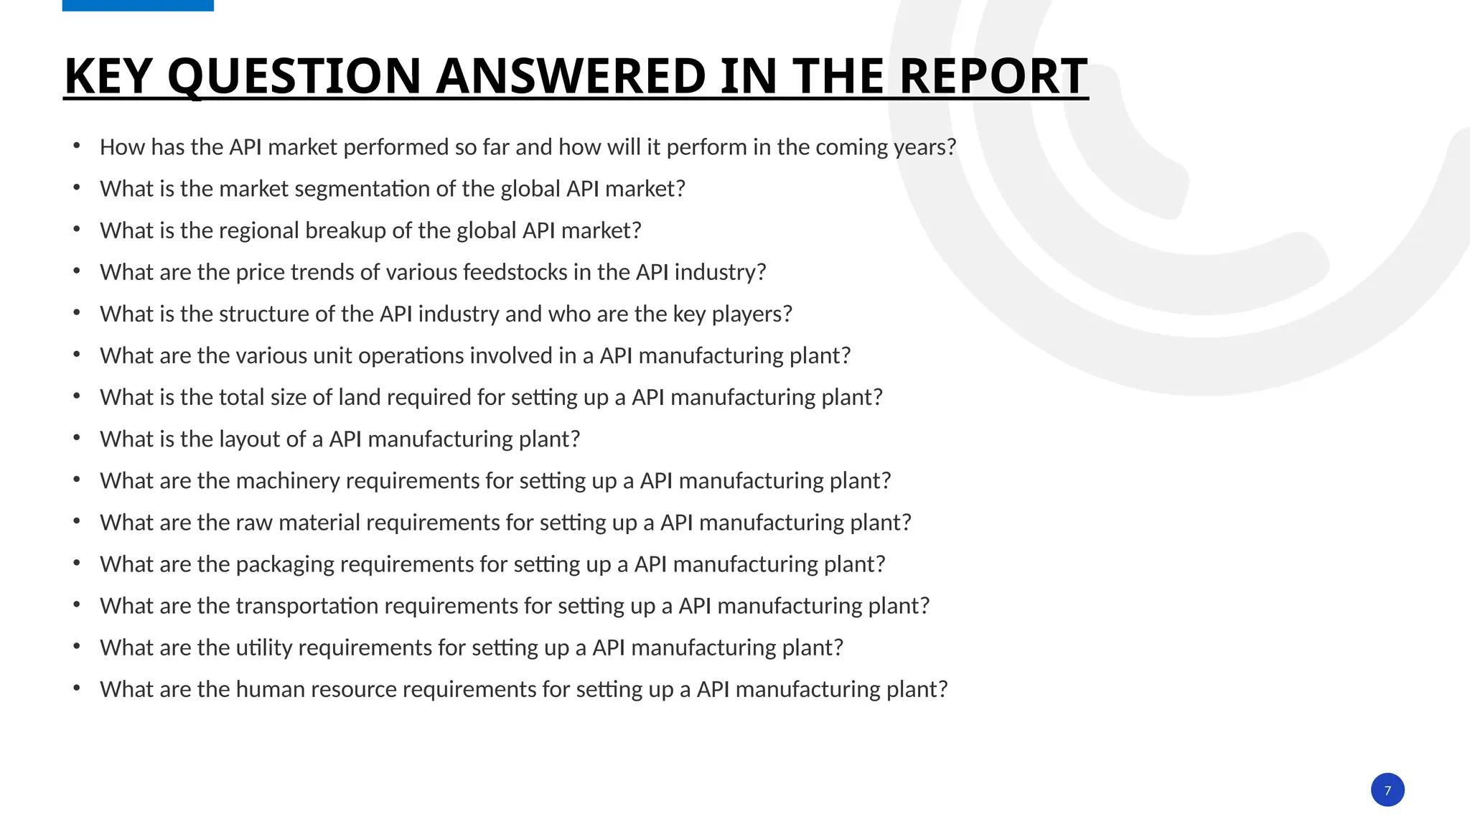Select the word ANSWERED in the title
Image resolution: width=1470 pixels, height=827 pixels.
[x=571, y=76]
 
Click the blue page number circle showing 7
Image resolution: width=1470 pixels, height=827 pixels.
[x=1387, y=790]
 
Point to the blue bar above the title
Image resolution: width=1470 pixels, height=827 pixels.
[x=138, y=5]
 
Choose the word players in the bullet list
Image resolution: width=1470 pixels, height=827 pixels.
[x=748, y=314]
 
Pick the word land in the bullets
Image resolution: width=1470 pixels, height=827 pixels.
[x=359, y=397]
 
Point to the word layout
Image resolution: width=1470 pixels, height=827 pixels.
[x=252, y=439]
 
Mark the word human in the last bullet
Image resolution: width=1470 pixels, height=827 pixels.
[x=266, y=689]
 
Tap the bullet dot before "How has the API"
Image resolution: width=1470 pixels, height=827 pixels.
[x=77, y=146]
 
